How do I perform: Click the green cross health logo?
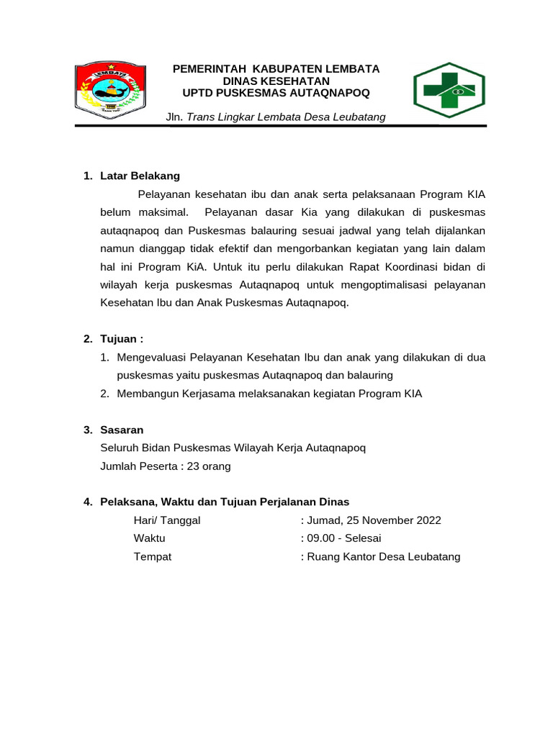pos(449,90)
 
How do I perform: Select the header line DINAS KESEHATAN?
pos(276,81)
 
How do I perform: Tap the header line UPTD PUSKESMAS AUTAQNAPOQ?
pos(276,93)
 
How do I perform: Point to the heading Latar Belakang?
pos(140,176)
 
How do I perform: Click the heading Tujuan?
pos(122,339)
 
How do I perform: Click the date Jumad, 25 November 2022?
pos(374,520)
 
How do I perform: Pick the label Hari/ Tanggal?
pos(167,520)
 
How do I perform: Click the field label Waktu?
pos(149,538)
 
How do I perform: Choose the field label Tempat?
pos(153,556)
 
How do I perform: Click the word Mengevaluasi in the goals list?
pos(151,357)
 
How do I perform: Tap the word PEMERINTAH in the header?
pos(206,69)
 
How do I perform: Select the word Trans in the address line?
pos(201,117)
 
